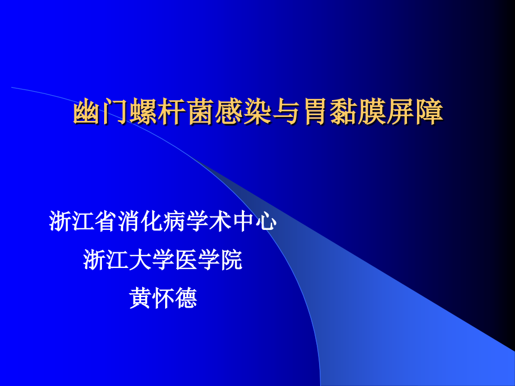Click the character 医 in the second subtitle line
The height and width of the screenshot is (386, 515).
(186, 260)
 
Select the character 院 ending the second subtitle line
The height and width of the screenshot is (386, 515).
(232, 260)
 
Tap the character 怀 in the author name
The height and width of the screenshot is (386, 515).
(163, 298)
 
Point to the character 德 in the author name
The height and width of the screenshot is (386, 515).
(186, 298)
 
